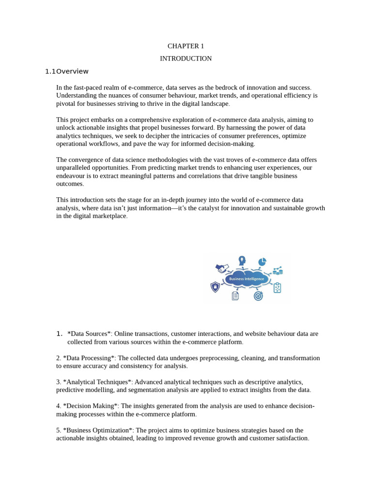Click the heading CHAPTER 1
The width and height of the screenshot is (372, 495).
pos(186,46)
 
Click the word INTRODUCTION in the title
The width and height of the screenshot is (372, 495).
pos(186,58)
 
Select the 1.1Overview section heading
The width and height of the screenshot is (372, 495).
pos(67,72)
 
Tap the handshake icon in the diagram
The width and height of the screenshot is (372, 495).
pos(222,268)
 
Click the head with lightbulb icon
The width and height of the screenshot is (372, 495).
pos(242,261)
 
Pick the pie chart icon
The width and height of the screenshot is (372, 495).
pos(262,262)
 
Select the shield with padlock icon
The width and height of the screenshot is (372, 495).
pos(215,287)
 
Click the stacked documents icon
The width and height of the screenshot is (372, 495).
pos(235,295)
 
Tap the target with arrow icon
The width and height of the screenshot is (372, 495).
pos(258,295)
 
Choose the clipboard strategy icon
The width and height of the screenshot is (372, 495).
pos(277,288)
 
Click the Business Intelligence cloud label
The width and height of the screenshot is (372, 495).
pos(247,279)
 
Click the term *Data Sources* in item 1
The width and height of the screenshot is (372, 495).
pos(90,334)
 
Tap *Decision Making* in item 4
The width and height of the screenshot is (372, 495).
pos(91,406)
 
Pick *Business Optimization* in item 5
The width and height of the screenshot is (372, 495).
pos(98,430)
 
